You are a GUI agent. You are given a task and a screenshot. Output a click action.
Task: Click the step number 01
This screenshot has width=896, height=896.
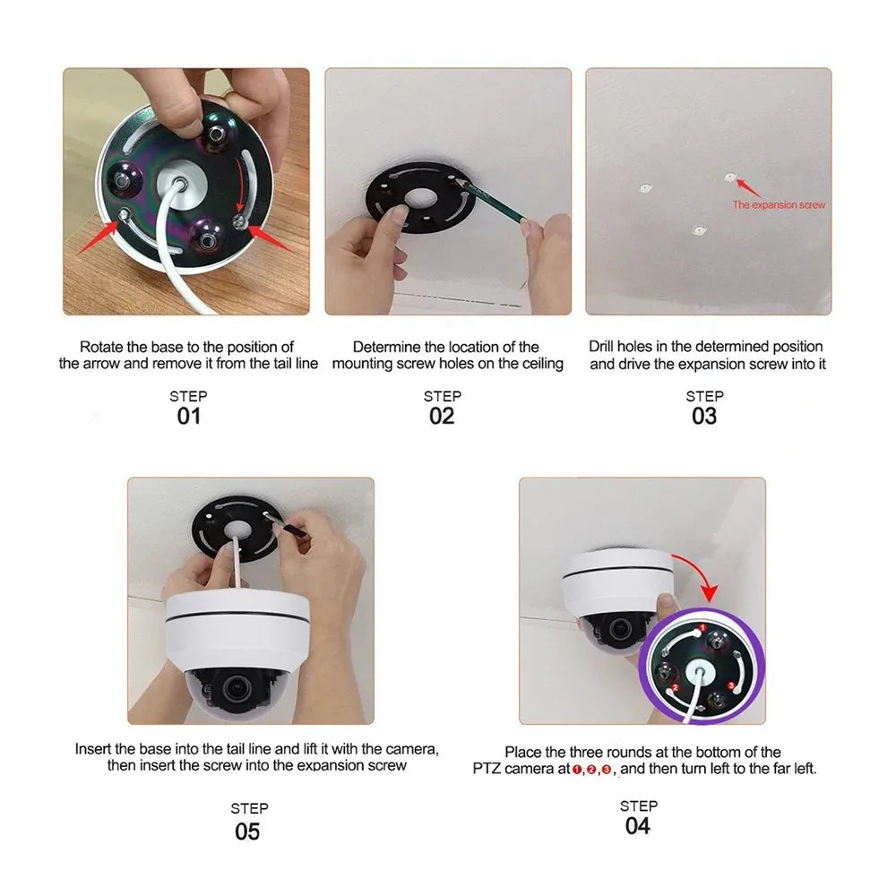[x=188, y=416]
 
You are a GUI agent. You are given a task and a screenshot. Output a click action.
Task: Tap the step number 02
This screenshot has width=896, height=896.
[x=442, y=416]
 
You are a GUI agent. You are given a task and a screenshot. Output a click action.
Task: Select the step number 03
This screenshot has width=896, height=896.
[x=704, y=416]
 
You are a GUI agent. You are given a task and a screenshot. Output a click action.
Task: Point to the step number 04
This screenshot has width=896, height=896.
[x=638, y=825]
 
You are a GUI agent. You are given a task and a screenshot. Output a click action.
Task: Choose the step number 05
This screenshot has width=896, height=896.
[x=247, y=831]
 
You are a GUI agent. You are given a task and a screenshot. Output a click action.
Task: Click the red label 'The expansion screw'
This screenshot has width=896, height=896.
[x=779, y=205]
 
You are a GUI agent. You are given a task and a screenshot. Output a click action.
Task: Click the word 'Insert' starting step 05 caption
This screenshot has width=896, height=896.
[x=93, y=748]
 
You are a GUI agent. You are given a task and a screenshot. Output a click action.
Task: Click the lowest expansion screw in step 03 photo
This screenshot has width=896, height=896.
[x=699, y=230]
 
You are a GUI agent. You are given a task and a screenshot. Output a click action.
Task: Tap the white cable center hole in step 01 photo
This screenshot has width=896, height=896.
[x=180, y=185]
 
